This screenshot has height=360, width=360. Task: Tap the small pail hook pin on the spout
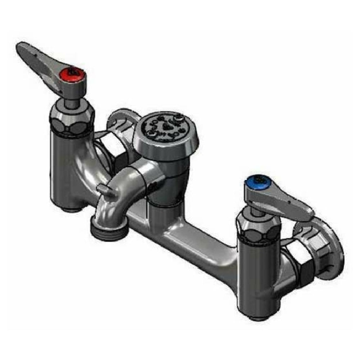point(105,190)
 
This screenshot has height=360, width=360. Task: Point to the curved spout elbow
point(119,194)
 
